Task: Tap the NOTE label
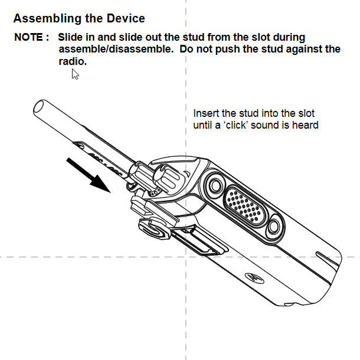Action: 31,37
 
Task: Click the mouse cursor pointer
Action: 75,74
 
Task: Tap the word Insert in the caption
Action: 206,113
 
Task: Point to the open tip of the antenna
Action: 40,108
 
